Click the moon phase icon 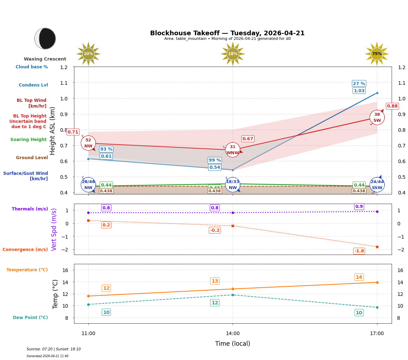click(x=45, y=38)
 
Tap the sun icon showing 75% click(x=377, y=54)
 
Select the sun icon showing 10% click(x=88, y=54)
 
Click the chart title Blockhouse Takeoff click(x=227, y=33)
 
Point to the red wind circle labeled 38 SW click(x=377, y=118)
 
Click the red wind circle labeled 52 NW click(x=88, y=143)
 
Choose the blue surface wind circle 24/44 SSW click(x=377, y=184)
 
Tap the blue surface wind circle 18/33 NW click(x=233, y=184)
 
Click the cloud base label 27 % click(x=359, y=84)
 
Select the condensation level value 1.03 click(x=359, y=91)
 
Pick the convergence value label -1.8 click(x=359, y=251)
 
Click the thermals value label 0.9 click(x=359, y=207)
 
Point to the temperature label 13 click(x=214, y=281)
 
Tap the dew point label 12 click(x=214, y=303)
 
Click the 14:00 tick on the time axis click(x=233, y=333)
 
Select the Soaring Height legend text click(x=28, y=140)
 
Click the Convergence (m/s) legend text click(x=25, y=250)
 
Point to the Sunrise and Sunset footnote click(x=54, y=349)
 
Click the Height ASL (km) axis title click(x=53, y=131)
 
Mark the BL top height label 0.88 click(x=392, y=106)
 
